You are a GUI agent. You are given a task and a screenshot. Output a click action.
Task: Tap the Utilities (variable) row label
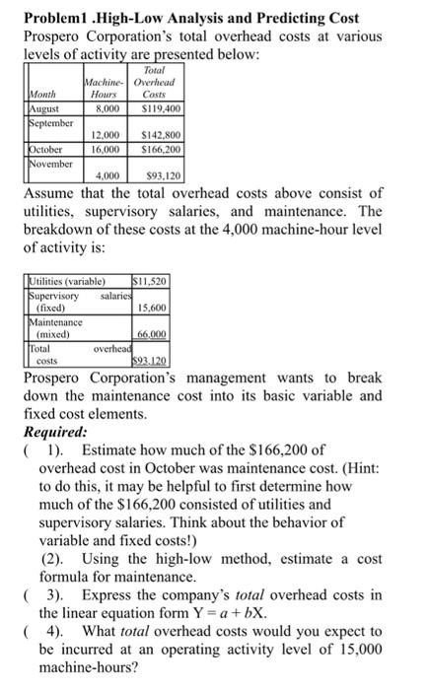69,281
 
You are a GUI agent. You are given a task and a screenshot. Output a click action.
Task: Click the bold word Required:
56,431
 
